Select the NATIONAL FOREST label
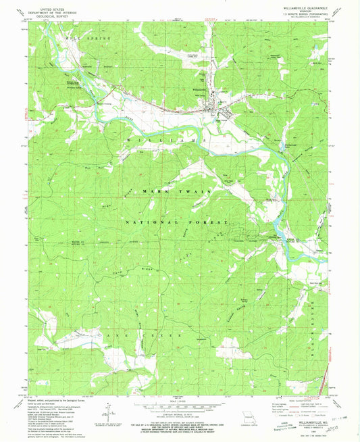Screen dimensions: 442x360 click(178, 222)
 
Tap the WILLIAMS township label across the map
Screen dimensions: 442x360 click(174, 137)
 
